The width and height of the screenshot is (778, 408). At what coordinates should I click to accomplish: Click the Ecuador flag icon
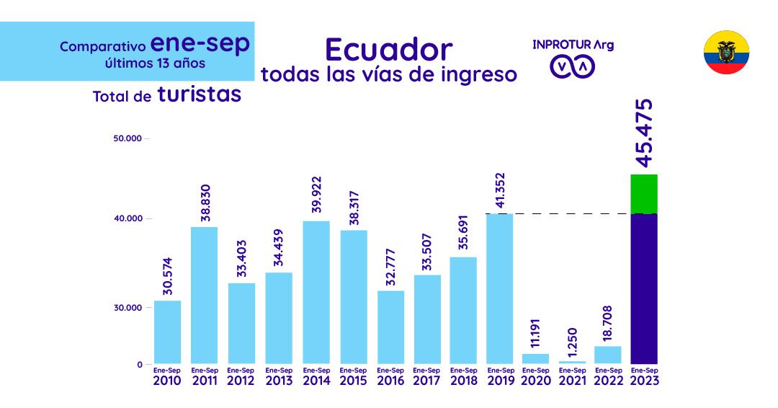click(726, 52)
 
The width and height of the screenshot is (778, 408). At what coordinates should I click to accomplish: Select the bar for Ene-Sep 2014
click(316, 292)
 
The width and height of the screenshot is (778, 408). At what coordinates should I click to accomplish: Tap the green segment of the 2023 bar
click(643, 194)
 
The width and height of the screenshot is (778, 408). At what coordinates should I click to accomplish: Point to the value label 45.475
click(644, 133)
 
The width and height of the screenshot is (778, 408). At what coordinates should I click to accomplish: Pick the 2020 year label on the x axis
click(535, 380)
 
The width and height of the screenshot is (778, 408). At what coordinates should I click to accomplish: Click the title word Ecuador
click(388, 49)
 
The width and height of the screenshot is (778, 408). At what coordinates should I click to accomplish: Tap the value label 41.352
click(500, 191)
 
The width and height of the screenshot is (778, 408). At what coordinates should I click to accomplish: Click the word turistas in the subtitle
click(199, 94)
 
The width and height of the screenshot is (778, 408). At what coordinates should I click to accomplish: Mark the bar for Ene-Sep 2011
click(204, 295)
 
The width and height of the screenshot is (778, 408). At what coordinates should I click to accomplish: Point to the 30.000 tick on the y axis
click(128, 307)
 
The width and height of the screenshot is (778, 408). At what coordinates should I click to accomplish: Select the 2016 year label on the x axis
click(390, 380)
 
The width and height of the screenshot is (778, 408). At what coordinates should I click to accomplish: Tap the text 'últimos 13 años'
click(155, 63)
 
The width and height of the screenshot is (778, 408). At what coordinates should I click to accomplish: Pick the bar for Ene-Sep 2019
click(500, 288)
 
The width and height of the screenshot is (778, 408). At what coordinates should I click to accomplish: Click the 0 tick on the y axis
click(140, 365)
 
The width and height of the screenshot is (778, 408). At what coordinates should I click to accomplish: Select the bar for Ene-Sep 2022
click(608, 355)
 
